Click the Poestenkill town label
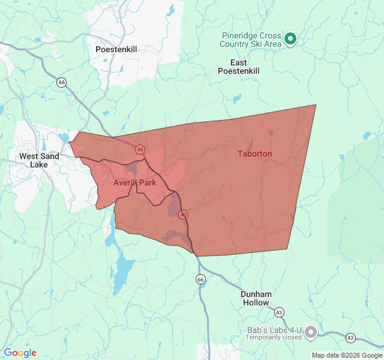[x=116, y=49]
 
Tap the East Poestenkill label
[x=239, y=67]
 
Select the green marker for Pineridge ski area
[x=290, y=40]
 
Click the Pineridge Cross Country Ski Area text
[x=250, y=40]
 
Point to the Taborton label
[x=254, y=154]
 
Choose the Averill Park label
[x=134, y=182]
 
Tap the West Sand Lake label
[x=40, y=160]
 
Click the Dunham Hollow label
[x=256, y=298]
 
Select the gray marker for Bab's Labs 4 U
[x=311, y=332]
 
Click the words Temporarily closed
[x=274, y=337]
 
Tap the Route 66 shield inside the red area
[x=140, y=149]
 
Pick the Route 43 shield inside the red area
[x=184, y=214]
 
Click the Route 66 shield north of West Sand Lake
[x=62, y=81]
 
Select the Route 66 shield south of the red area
[x=200, y=279]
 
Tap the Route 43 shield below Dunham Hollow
[x=279, y=312]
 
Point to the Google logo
[x=20, y=353]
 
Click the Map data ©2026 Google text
[x=346, y=355]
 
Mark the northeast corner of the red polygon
[x=316, y=105]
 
